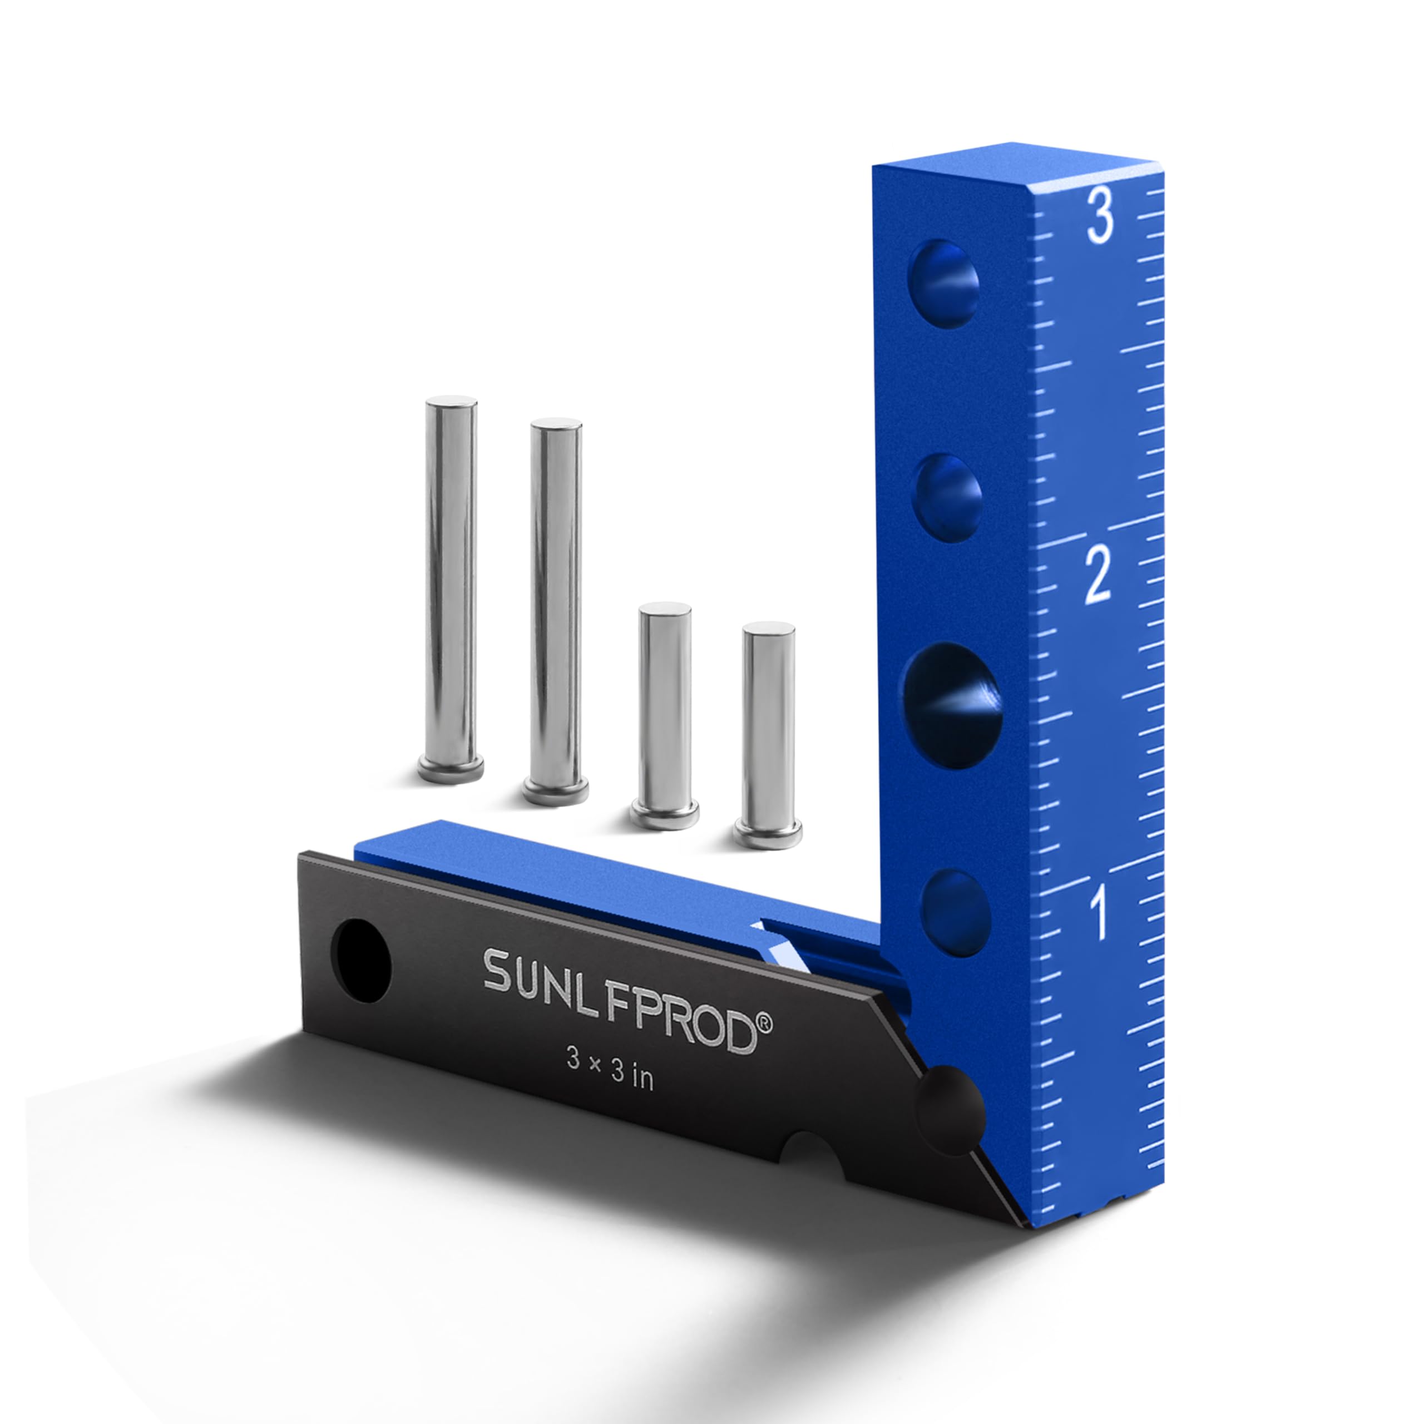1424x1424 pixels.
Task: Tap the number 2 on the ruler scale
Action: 1097,576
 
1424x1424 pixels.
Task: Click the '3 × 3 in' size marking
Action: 610,1077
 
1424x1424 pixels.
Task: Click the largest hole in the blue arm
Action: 953,705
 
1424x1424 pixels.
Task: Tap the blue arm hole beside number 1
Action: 955,912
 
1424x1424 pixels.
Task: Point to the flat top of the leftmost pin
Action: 451,402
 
